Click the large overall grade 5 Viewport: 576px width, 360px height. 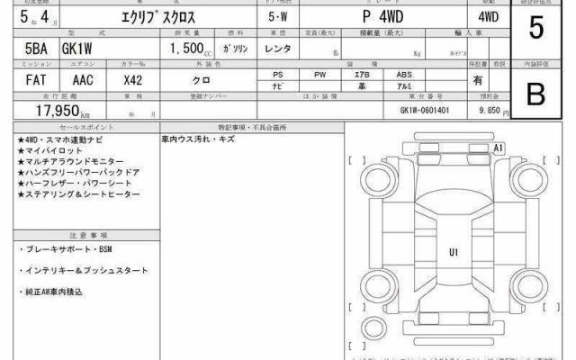(x=536, y=29)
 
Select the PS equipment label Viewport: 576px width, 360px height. (x=280, y=74)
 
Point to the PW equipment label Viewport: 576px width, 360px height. (x=321, y=74)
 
